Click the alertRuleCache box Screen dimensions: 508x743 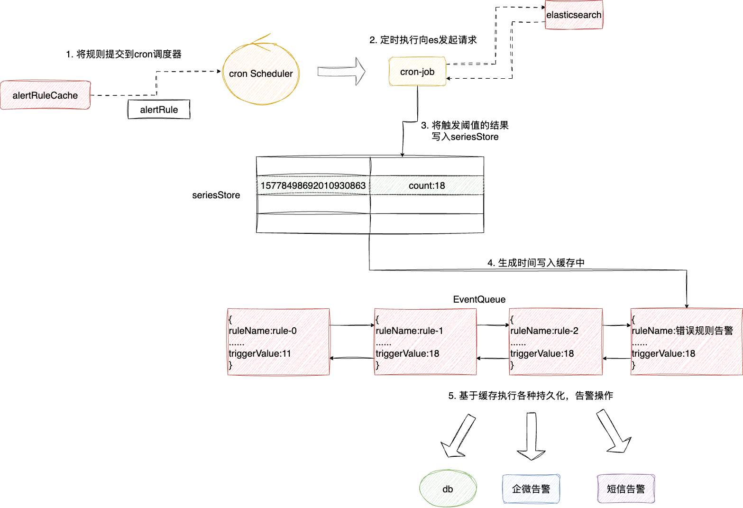45,95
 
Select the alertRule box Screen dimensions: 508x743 159,110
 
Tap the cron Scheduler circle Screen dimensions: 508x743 261,74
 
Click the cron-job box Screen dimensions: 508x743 417,72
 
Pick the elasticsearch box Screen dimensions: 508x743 574,15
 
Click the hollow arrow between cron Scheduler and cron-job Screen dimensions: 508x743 341,72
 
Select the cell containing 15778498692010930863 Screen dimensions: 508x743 313,185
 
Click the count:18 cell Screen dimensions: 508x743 427,185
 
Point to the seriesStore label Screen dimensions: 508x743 216,195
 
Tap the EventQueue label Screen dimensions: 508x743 479,299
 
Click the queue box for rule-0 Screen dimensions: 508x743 278,342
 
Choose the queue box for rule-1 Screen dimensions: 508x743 425,342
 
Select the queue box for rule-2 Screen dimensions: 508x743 556,342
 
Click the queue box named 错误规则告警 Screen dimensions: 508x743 686,342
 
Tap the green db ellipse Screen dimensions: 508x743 448,489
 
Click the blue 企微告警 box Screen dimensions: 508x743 531,489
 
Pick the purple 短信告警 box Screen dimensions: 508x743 626,489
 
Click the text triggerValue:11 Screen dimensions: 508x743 260,353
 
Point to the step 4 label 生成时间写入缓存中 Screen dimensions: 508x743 536,263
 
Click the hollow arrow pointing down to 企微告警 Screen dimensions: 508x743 531,436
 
